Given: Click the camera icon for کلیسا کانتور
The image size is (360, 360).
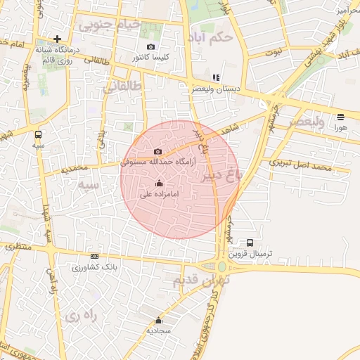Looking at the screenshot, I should coord(150,47).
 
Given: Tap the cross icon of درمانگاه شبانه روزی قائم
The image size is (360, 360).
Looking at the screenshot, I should coord(58,39).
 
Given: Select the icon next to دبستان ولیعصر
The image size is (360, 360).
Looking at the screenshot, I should coord(217,77).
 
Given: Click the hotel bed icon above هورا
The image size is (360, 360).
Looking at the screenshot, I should coord(341,117).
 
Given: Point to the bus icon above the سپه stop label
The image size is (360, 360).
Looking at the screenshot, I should coord(38,134).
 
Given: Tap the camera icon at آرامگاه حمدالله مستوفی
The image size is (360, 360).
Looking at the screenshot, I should coord(157,151).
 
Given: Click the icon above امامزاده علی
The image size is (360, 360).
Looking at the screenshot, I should coord(158,184).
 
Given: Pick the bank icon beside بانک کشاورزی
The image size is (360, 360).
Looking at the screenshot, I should coord(95,257).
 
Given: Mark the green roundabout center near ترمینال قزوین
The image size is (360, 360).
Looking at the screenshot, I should coord(222,266).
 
